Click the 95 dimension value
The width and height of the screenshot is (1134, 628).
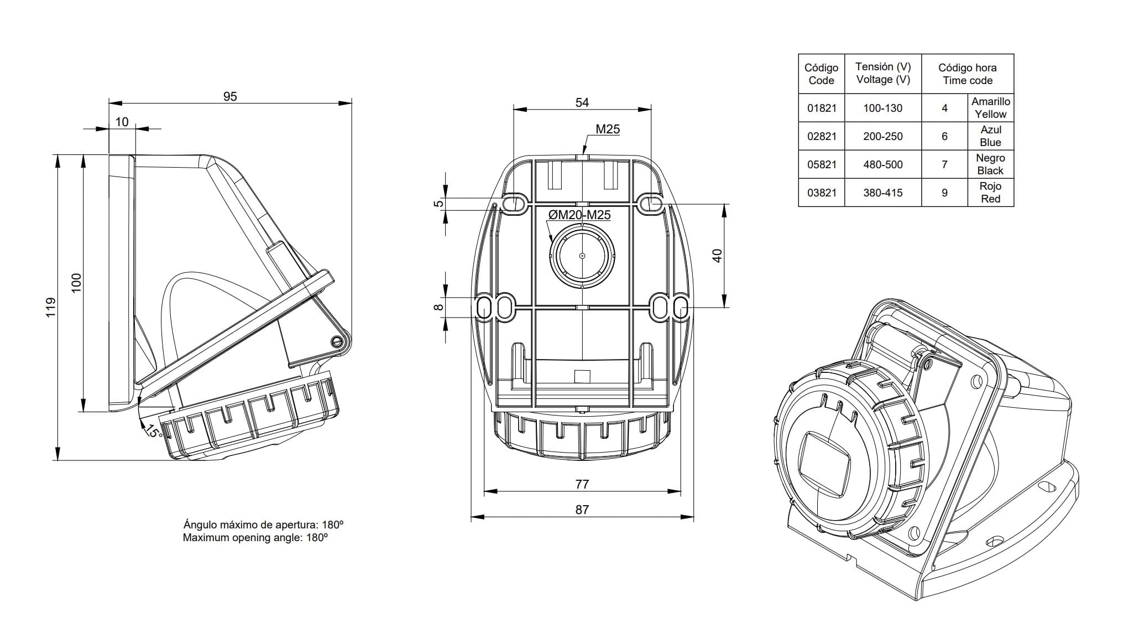click(x=230, y=96)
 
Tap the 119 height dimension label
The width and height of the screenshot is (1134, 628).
click(x=51, y=307)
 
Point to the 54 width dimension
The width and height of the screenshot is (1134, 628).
click(x=582, y=102)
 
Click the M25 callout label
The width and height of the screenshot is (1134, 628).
click(x=608, y=129)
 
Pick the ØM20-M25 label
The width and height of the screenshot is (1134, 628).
click(x=579, y=215)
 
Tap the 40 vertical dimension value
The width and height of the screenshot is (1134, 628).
click(x=717, y=256)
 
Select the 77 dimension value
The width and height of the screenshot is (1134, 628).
click(x=582, y=484)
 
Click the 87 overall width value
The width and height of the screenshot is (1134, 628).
click(x=582, y=510)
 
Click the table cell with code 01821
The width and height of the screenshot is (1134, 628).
click(x=822, y=108)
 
